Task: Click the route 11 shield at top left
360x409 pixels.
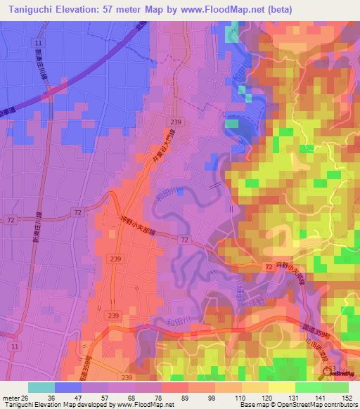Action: pyautogui.click(x=37, y=44)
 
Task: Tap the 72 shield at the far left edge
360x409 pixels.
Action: pyautogui.click(x=11, y=220)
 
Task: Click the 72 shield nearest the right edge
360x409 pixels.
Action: pyautogui.click(x=270, y=267)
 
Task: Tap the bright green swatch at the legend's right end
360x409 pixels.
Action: pyautogui.click(x=335, y=387)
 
